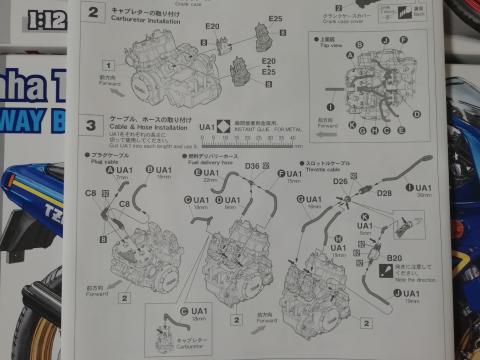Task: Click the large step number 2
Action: tap(93, 12)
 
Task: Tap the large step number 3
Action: tap(92, 125)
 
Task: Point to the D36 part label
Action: tap(251, 166)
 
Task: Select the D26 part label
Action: tap(340, 181)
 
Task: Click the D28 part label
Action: tap(384, 192)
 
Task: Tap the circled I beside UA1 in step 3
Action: tap(408, 187)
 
